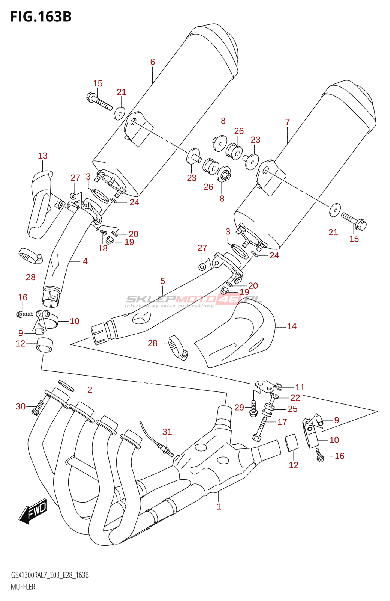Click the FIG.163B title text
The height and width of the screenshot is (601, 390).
[x=41, y=17]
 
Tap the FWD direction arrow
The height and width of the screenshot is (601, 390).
[x=33, y=511]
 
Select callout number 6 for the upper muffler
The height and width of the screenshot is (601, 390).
[x=152, y=62]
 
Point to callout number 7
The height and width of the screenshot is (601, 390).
[x=287, y=122]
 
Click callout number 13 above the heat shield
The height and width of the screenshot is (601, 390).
[x=43, y=156]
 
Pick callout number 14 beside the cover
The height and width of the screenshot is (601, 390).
[x=292, y=326]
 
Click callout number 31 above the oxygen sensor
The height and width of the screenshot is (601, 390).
[x=167, y=432]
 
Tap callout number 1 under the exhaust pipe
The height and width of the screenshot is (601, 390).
[x=219, y=506]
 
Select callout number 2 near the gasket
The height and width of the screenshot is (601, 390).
[x=90, y=390]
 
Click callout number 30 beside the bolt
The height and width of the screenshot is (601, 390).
[x=21, y=406]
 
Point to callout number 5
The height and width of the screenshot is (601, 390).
[x=162, y=281]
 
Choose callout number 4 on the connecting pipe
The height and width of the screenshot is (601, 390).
[x=85, y=261]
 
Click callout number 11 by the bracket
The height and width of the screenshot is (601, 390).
[x=300, y=387]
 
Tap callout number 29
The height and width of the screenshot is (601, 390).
[x=239, y=408]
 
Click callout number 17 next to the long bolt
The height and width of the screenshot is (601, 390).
[x=282, y=422]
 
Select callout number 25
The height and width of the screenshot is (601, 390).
[x=292, y=409]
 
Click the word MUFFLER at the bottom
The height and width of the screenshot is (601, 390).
[x=23, y=587]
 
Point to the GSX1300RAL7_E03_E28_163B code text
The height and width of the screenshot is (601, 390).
[x=50, y=575]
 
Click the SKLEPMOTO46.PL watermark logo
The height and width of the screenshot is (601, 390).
[x=193, y=300]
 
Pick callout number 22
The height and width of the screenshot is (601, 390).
[x=295, y=398]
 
